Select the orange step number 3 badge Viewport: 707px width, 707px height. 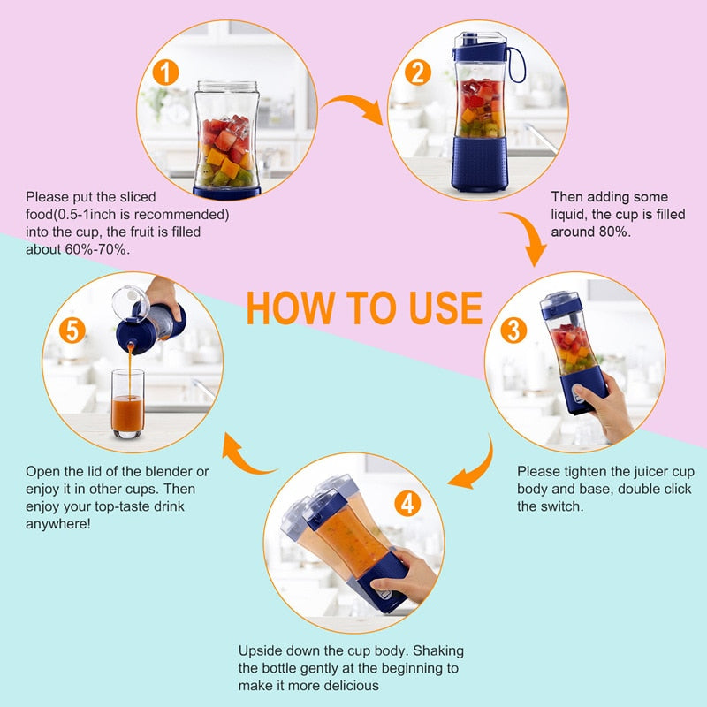click(x=514, y=330)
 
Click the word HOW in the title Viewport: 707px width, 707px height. click(x=282, y=307)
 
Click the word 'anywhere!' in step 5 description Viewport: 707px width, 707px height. click(x=58, y=523)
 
